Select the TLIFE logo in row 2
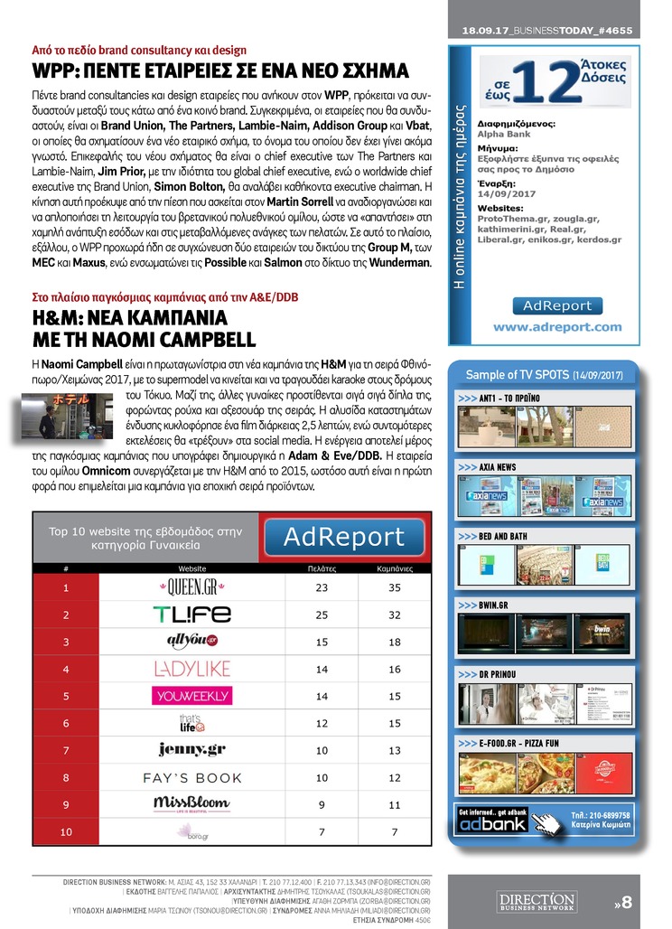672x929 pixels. (192, 615)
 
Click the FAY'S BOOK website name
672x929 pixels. (192, 777)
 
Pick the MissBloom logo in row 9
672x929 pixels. (192, 803)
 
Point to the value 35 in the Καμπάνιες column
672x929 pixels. (394, 587)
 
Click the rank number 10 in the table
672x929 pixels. (66, 831)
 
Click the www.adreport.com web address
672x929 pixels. (557, 327)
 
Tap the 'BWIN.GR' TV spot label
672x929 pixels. (496, 605)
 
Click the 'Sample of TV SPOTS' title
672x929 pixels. (544, 374)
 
